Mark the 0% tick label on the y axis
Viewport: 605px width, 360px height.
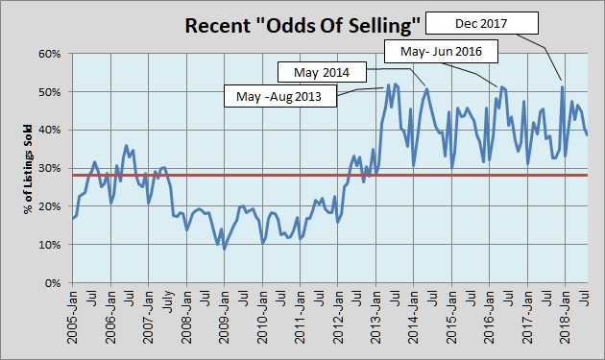54,283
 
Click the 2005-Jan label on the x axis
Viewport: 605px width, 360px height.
74,322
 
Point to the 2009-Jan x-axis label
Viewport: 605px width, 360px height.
225,322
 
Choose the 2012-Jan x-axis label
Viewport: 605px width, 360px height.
338,322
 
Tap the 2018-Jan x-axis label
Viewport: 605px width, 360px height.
565,322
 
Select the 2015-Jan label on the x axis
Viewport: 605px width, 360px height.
451,322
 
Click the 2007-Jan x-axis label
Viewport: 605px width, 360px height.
150,322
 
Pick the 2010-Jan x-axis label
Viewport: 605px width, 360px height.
263,322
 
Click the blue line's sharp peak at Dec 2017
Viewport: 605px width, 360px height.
562,87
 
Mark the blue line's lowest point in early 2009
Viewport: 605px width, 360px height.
225,249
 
